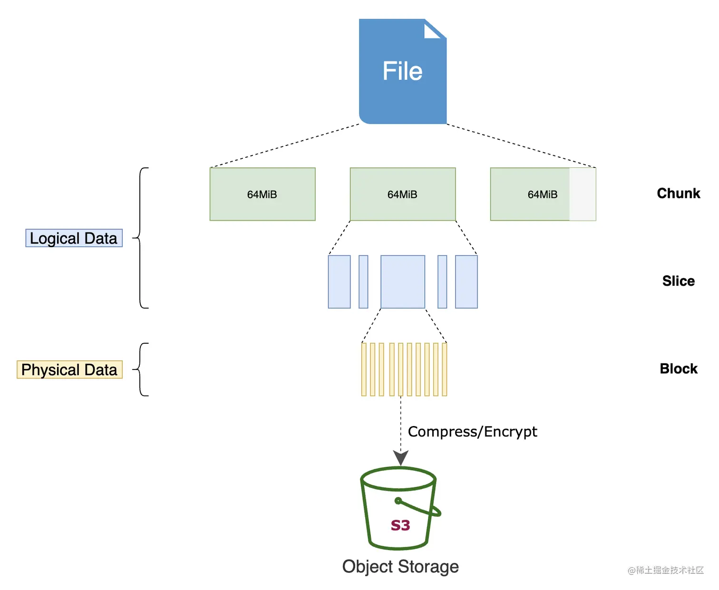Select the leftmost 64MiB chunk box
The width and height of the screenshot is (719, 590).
[x=262, y=194]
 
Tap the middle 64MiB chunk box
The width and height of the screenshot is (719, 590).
[x=402, y=194]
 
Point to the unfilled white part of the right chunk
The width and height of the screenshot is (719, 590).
[x=583, y=194]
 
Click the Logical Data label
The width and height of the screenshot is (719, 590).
[x=74, y=238]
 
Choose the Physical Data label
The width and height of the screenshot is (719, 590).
[x=69, y=370]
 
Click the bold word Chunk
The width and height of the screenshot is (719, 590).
[x=678, y=193]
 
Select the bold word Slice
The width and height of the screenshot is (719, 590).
[x=678, y=281]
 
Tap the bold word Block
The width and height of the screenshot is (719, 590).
[x=678, y=369]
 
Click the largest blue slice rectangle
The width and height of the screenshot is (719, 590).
[x=402, y=282]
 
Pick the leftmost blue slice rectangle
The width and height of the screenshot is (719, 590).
[x=339, y=282]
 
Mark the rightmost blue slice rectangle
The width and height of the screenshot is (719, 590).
[x=466, y=282]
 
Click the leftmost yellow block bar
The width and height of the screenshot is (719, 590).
[x=364, y=369]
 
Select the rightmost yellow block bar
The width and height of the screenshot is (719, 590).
[x=445, y=369]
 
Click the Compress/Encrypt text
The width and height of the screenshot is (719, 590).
[x=472, y=432]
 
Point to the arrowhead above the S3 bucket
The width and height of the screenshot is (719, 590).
[x=400, y=458]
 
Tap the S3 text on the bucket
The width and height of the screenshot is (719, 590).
[x=400, y=525]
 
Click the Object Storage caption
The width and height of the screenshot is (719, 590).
[x=400, y=567]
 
